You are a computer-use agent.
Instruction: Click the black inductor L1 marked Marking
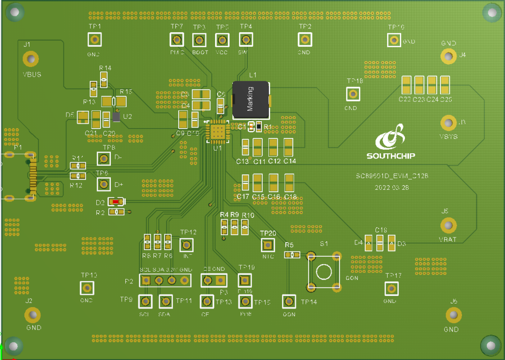pos(251,99)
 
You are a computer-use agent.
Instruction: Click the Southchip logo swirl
pos(391,137)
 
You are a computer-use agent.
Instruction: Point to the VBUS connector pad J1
pos(31,59)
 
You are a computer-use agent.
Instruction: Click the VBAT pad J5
pos(448,226)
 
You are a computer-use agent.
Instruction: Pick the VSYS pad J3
pos(448,123)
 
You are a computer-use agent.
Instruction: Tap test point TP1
pos(95,40)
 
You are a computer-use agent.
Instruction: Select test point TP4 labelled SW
pos(245,40)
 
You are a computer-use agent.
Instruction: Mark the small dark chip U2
pos(116,115)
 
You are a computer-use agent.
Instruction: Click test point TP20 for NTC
pos(268,245)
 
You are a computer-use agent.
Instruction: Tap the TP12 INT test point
pos(187,245)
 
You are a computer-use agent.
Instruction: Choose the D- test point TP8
pos(103,159)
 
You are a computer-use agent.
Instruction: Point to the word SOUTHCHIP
pos(390,156)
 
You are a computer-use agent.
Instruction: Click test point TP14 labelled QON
pos(289,302)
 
